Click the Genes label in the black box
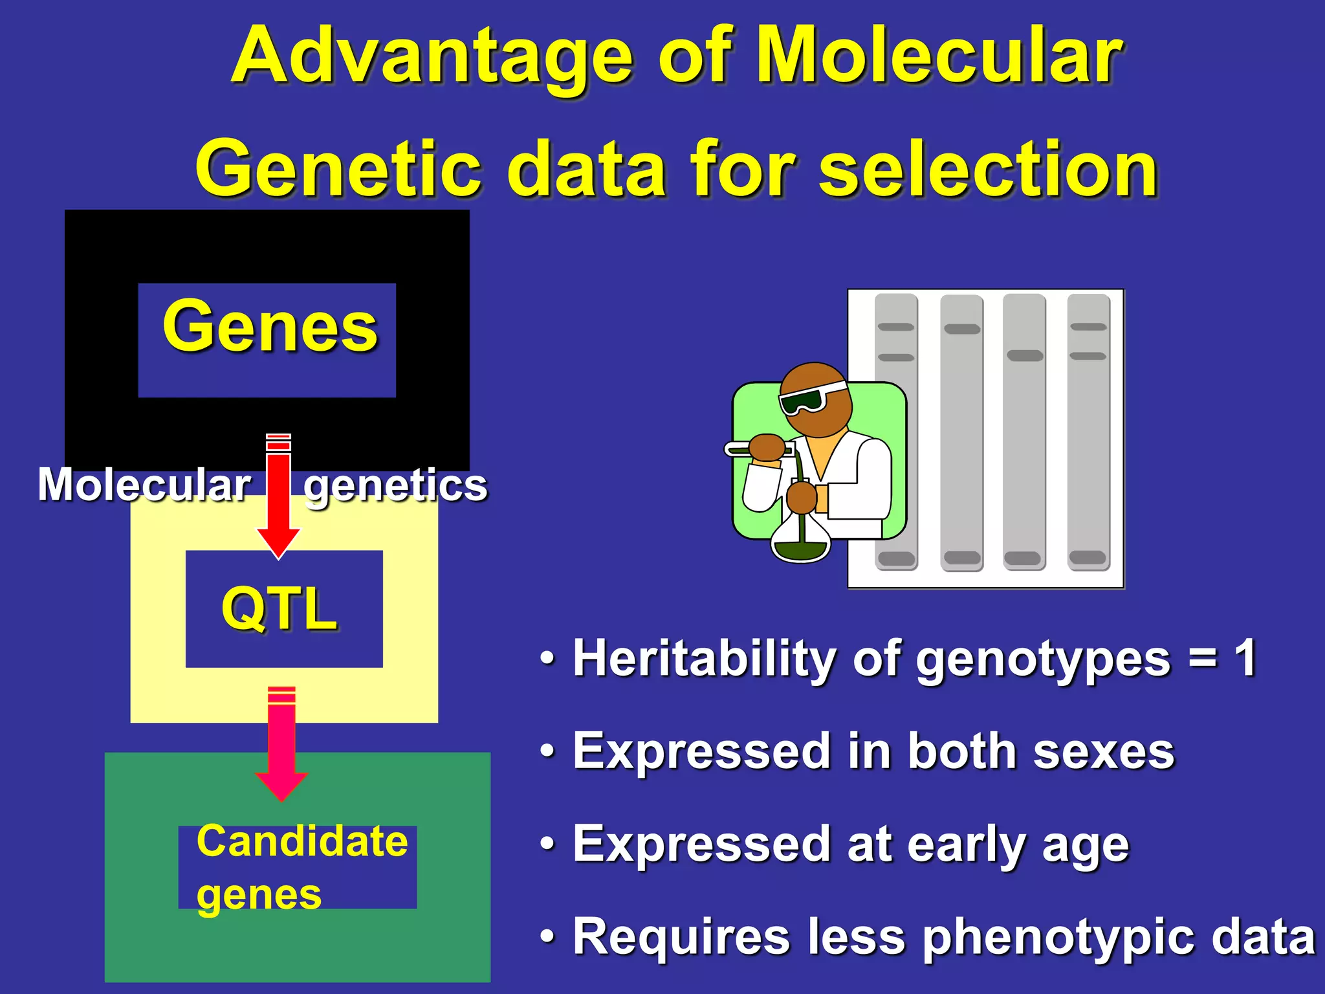point(270,327)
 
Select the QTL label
point(279,608)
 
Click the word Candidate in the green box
point(302,841)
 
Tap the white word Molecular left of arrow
point(144,485)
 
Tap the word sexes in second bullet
point(1104,752)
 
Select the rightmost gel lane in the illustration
point(1088,432)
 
